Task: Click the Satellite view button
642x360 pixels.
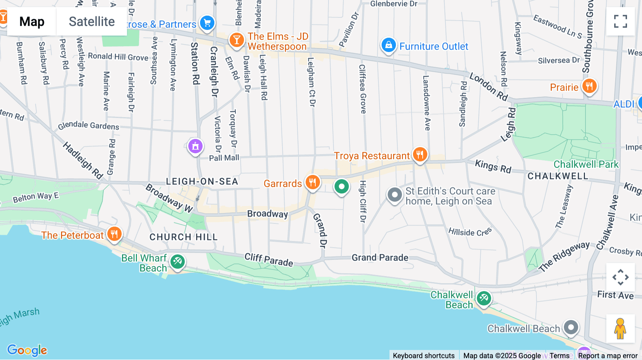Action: click(x=92, y=21)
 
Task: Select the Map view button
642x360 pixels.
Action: click(x=32, y=21)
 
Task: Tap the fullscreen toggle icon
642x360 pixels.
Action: click(x=620, y=21)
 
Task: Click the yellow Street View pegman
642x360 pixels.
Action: click(x=620, y=328)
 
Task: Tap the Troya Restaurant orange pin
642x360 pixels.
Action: click(x=420, y=155)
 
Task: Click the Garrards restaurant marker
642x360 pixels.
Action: click(x=312, y=182)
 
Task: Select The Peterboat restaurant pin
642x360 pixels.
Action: click(x=114, y=234)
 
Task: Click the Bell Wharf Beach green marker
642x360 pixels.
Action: click(x=177, y=262)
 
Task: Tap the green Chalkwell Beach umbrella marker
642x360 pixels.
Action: click(x=484, y=298)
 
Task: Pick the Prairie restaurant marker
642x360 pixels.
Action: click(x=589, y=86)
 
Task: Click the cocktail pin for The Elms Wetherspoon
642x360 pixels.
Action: click(x=236, y=40)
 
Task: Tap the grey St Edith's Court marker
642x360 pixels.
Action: click(x=394, y=195)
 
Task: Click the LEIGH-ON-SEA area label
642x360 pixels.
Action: click(x=202, y=181)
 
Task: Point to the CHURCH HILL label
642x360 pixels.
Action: click(x=183, y=237)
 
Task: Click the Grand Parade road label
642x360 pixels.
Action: click(x=380, y=257)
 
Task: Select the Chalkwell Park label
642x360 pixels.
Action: click(x=586, y=164)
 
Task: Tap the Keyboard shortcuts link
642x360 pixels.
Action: click(x=423, y=355)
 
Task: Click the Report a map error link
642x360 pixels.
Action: click(x=608, y=355)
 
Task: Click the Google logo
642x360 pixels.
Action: click(x=27, y=350)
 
